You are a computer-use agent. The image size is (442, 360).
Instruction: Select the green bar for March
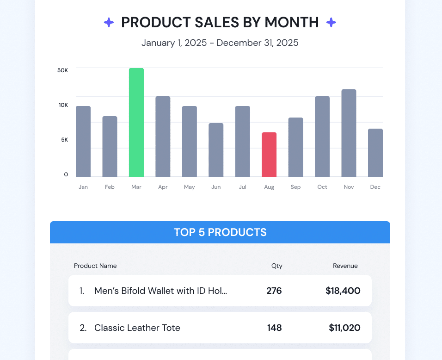coord(136,122)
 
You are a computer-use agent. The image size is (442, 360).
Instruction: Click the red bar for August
coord(269,155)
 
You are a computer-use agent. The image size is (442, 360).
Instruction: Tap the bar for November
coord(349,133)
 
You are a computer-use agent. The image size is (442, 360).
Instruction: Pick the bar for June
coord(216,150)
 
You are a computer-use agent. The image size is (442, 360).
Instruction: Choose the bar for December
coord(375,153)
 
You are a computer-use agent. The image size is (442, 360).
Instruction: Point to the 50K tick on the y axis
coord(63,70)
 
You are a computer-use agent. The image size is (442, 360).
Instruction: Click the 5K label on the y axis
coord(65,140)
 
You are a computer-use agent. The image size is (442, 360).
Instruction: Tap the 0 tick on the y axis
coord(66,174)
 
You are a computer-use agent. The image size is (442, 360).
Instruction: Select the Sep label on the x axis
coord(295,187)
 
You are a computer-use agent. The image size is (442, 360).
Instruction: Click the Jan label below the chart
coord(83,187)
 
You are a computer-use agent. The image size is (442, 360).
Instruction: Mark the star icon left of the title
coord(109,22)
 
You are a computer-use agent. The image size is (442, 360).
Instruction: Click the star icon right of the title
coord(331,22)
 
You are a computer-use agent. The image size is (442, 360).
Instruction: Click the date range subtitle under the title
coord(220,43)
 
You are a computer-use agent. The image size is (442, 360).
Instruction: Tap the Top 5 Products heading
coord(220,232)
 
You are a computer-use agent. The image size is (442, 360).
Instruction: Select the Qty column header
coord(277,266)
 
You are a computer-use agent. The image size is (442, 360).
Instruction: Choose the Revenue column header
coord(345,266)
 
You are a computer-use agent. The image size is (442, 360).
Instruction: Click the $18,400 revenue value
coord(343,291)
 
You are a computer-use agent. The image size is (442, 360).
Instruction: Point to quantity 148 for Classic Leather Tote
coord(275,328)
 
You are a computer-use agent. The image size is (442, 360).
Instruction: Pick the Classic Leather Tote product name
coord(137,328)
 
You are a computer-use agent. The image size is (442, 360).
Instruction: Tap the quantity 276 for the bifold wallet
coord(274,291)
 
